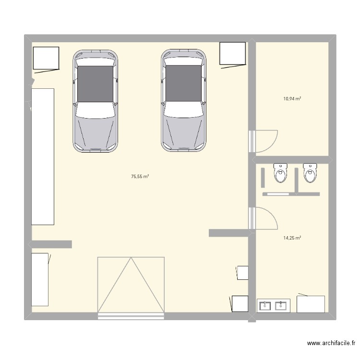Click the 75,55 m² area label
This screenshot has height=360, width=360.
click(x=140, y=177)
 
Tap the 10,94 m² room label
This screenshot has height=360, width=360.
click(x=292, y=99)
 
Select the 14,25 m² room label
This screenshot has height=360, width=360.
click(x=292, y=238)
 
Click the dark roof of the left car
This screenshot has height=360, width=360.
click(x=95, y=84)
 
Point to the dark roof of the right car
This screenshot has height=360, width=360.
click(x=183, y=84)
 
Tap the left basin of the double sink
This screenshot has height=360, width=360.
click(x=265, y=305)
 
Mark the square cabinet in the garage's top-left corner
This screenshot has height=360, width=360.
click(x=46, y=58)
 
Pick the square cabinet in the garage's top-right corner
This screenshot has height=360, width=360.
click(x=232, y=53)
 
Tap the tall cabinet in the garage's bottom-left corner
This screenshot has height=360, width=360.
click(x=40, y=279)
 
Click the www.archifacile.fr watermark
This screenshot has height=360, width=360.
click(x=331, y=343)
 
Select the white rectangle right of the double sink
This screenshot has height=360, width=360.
click(x=311, y=304)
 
